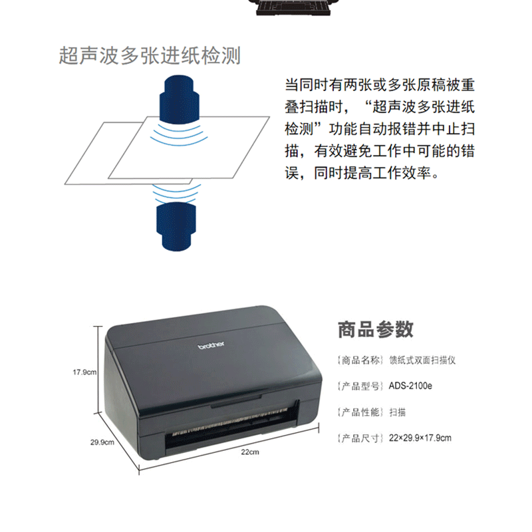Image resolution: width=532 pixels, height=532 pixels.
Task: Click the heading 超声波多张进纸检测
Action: (150, 56)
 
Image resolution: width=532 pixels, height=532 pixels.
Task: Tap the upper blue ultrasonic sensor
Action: (179, 99)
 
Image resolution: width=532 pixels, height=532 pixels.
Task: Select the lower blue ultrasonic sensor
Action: (176, 227)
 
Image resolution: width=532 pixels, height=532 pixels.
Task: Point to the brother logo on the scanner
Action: (211, 345)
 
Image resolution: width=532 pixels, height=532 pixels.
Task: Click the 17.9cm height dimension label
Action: (84, 372)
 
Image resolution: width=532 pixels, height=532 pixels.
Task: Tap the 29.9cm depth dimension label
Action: (102, 442)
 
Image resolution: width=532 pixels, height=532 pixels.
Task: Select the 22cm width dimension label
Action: (250, 452)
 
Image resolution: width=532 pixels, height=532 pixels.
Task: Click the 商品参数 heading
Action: (376, 329)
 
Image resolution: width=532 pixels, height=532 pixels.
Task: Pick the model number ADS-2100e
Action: (410, 386)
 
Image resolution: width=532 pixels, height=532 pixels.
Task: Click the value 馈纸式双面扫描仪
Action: (422, 360)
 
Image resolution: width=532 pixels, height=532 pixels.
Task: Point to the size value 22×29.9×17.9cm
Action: (420, 438)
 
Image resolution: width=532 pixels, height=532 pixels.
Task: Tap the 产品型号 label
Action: (360, 386)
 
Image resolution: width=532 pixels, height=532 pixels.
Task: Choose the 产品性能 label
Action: (360, 412)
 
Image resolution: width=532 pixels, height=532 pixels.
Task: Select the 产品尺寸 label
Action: (360, 438)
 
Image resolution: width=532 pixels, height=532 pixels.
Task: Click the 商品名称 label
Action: (360, 360)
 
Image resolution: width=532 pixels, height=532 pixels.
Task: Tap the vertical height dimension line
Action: (98, 370)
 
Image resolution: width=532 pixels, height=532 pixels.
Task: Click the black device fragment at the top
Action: (293, 7)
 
